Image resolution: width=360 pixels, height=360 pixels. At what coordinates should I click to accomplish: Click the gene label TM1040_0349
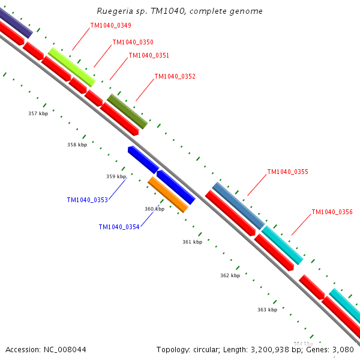(x=110, y=26)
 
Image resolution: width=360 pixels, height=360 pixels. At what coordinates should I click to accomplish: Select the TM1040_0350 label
(x=133, y=43)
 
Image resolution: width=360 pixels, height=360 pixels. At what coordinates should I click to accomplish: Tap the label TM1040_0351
(x=149, y=56)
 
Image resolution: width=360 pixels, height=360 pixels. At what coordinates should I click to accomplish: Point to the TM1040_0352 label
(x=175, y=77)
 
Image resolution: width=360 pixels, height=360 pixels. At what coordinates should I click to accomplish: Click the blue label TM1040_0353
(x=87, y=200)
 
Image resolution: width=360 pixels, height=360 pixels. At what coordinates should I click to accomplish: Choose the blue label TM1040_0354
(x=119, y=227)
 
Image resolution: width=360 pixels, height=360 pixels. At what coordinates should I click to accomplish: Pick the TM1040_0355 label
(x=287, y=172)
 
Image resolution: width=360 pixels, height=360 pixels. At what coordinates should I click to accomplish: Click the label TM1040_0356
(x=332, y=212)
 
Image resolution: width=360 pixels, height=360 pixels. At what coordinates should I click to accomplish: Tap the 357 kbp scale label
(x=38, y=113)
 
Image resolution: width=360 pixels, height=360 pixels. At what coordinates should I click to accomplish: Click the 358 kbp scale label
(x=77, y=145)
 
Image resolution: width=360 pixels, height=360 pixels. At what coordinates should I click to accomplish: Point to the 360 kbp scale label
(x=154, y=209)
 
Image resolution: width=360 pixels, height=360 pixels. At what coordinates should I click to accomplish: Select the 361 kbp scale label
(x=192, y=242)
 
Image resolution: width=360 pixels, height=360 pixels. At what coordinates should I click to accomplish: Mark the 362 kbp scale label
(x=230, y=275)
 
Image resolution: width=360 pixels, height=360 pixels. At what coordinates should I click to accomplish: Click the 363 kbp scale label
(x=267, y=310)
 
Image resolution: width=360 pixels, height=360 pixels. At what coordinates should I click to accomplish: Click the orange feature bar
(x=168, y=194)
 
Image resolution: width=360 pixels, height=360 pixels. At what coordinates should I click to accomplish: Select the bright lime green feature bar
(x=72, y=67)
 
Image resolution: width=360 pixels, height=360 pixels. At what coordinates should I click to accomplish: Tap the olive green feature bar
(x=127, y=111)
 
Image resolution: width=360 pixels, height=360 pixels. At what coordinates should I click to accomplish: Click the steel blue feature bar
(x=238, y=205)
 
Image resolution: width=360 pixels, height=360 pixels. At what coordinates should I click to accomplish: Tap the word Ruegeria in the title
(x=113, y=11)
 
